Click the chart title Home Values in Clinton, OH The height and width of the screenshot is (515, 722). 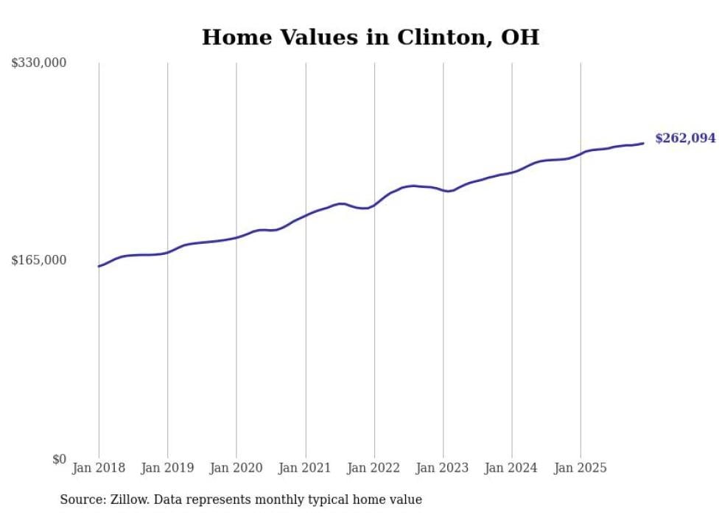(x=370, y=37)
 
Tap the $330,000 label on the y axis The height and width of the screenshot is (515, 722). (x=39, y=63)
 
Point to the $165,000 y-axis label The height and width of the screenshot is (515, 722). (x=39, y=260)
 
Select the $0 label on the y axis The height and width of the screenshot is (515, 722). (x=59, y=459)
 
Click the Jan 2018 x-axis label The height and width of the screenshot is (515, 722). (x=99, y=468)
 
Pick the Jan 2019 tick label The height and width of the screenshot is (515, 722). (x=167, y=468)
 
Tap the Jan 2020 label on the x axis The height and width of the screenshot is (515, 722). (x=236, y=468)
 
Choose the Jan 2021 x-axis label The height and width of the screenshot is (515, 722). (x=305, y=468)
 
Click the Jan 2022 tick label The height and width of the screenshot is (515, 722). (x=374, y=468)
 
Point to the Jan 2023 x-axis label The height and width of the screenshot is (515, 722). (x=443, y=468)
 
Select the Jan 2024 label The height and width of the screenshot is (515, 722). (x=512, y=468)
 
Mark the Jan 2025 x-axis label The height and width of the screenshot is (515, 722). (x=581, y=468)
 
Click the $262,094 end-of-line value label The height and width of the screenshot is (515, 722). (x=684, y=139)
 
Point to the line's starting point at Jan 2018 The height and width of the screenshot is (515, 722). (x=99, y=266)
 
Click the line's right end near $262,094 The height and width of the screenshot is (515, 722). (x=643, y=143)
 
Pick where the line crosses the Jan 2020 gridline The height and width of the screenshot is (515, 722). (x=236, y=237)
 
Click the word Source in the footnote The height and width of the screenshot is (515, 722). (x=80, y=500)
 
